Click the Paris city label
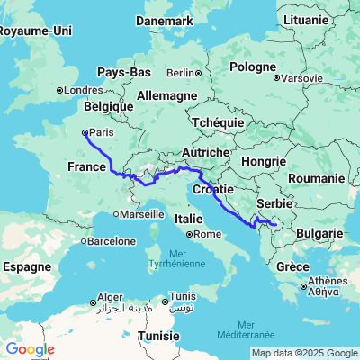pyautogui.click(x=101, y=132)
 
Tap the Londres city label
pyautogui.click(x=83, y=89)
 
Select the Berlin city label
pyautogui.click(x=181, y=73)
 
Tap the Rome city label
pyautogui.click(x=207, y=234)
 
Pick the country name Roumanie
pyautogui.click(x=311, y=180)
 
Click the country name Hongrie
pyautogui.click(x=265, y=161)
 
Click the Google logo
pyautogui.click(x=29, y=349)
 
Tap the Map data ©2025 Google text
pyautogui.click(x=304, y=352)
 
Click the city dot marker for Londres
pyautogui.click(x=60, y=89)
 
